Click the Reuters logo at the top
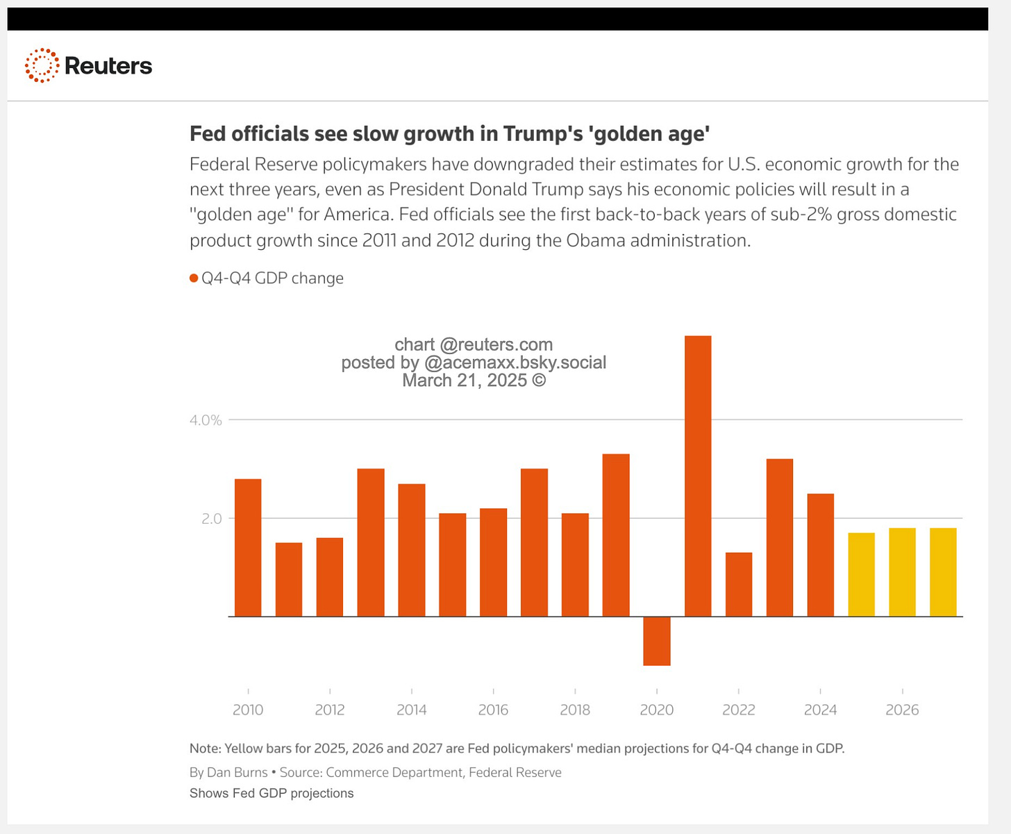[x=88, y=66]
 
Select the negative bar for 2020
[x=656, y=641]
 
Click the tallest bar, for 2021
[x=698, y=476]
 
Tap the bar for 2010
[x=248, y=547]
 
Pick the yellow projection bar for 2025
[x=861, y=574]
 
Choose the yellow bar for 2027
[x=943, y=572]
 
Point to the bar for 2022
[x=738, y=584]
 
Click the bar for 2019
[x=616, y=535]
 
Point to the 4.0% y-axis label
[x=206, y=420]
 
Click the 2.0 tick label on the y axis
[x=211, y=519]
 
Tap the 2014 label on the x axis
[x=412, y=710]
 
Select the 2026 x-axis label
[x=902, y=710]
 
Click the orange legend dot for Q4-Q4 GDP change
[x=194, y=278]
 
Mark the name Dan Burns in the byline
[x=237, y=772]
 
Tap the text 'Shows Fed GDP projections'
[x=271, y=793]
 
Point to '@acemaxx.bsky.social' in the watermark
[x=515, y=362]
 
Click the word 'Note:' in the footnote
[x=205, y=749]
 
